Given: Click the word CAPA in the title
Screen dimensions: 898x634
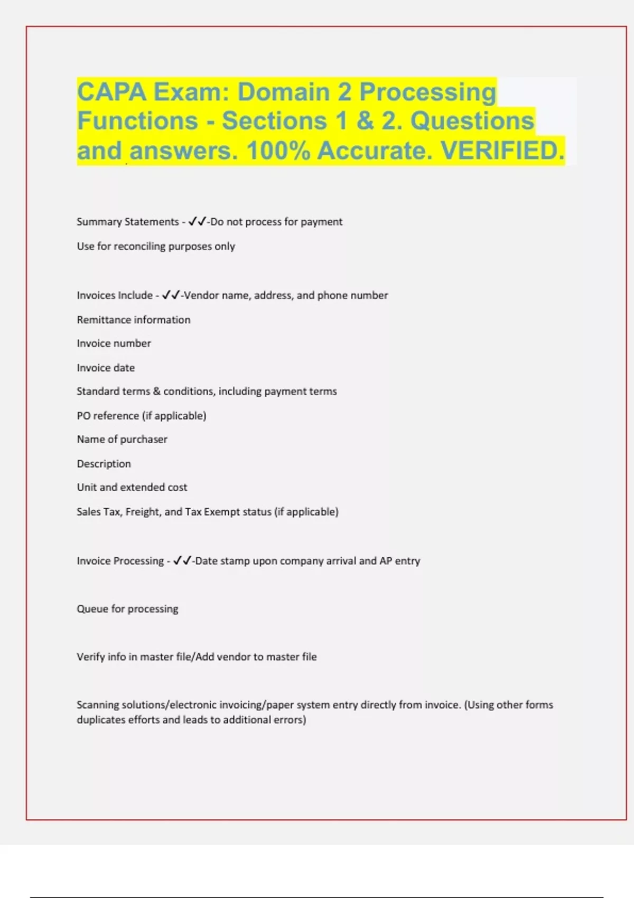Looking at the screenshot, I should [111, 92].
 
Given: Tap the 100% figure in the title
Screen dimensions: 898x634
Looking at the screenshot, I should [278, 151].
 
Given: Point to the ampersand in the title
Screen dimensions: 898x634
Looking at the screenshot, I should [365, 121].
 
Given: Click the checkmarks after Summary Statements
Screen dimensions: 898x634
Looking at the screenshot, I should [197, 221].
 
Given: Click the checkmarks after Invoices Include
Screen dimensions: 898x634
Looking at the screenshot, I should [171, 295].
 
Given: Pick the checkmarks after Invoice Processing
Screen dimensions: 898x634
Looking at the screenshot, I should [182, 560].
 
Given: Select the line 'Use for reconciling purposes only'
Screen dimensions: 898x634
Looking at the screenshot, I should [156, 246].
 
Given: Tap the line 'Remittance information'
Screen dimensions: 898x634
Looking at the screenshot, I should [134, 320].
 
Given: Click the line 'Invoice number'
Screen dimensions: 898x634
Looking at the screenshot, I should [114, 343].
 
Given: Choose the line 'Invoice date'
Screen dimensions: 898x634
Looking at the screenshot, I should [106, 368].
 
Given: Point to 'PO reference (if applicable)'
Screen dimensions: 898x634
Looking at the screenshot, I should [142, 416].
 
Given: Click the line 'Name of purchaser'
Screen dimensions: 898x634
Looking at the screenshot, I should [122, 439].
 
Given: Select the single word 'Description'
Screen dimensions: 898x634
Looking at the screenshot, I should [104, 464].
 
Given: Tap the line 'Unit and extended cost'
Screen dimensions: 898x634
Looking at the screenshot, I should [132, 488].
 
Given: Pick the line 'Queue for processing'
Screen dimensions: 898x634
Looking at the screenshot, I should [127, 609].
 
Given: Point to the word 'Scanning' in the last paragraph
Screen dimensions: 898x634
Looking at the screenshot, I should [98, 705].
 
